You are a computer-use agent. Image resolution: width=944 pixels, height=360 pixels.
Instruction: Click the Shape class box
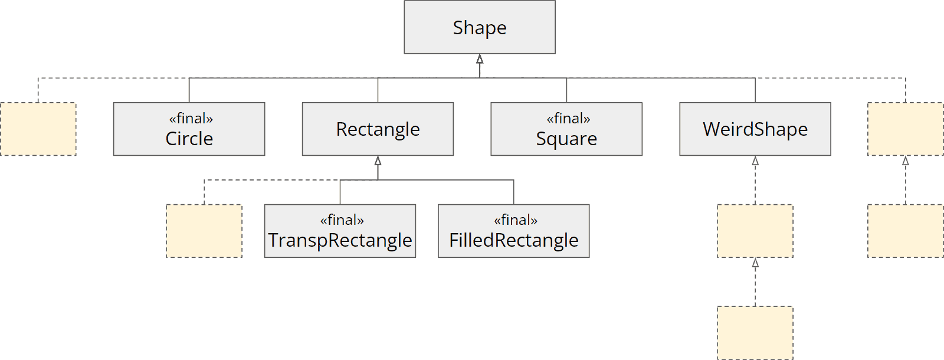(479, 28)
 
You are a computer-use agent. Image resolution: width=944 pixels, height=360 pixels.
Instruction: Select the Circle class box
(189, 129)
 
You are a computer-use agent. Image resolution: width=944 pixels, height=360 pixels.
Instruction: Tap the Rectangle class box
(378, 129)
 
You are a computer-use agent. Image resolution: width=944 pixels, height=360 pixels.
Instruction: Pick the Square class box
(566, 129)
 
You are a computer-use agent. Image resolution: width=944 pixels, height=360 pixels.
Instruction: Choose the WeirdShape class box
(755, 129)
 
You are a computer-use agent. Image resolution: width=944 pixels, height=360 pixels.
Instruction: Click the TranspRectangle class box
(340, 231)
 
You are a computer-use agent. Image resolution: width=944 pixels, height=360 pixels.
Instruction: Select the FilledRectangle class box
(513, 231)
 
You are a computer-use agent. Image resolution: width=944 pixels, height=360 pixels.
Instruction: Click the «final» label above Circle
(191, 119)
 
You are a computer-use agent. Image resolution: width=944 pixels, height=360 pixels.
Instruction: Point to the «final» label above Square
(568, 119)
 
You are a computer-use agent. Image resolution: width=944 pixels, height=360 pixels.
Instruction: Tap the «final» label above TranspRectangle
(342, 220)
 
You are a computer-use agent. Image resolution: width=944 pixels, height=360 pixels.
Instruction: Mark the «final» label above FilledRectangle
(516, 220)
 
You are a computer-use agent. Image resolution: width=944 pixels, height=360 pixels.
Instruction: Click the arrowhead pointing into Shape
(480, 58)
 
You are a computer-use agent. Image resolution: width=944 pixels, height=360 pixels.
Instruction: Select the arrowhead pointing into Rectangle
(378, 161)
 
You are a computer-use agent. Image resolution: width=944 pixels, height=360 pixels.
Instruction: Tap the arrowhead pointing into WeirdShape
(755, 161)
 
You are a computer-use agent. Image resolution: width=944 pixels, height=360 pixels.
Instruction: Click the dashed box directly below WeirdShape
(755, 231)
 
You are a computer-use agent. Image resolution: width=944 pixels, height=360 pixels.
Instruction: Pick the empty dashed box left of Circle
(38, 129)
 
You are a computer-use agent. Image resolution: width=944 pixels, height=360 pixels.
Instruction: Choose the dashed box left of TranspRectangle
(204, 231)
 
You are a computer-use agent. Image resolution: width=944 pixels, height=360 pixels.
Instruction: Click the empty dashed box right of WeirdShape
(905, 129)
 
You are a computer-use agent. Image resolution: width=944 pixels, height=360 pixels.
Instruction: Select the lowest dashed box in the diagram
(755, 333)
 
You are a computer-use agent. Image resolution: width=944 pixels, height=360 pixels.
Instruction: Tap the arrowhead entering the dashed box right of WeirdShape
(905, 161)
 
